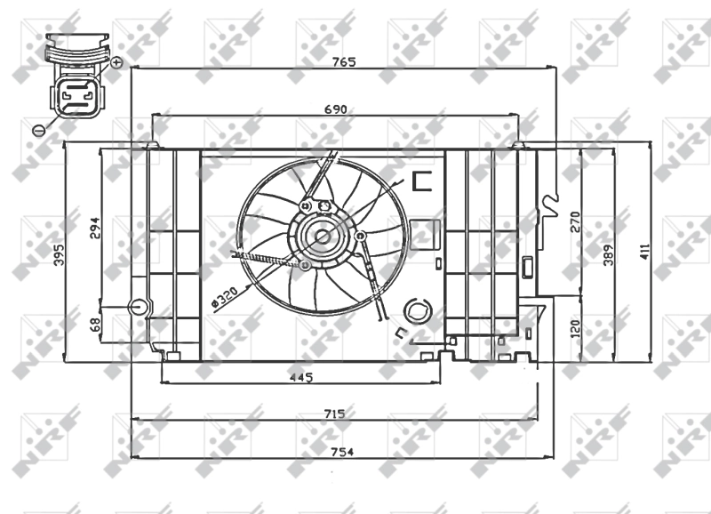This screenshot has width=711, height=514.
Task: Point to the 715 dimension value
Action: click(x=334, y=414)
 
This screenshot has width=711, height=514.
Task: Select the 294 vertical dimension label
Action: click(x=95, y=229)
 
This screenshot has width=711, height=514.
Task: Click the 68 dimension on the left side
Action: click(x=95, y=326)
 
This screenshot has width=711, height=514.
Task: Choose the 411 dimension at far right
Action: click(x=645, y=253)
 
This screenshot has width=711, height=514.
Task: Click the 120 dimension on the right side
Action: click(x=574, y=329)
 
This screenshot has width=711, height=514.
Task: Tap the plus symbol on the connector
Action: click(x=116, y=61)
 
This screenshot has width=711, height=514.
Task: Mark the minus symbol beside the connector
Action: click(x=38, y=130)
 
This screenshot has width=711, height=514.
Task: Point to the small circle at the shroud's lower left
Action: click(x=137, y=308)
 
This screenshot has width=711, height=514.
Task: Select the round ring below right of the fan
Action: click(x=415, y=311)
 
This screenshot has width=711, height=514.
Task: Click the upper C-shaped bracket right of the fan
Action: click(x=421, y=181)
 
